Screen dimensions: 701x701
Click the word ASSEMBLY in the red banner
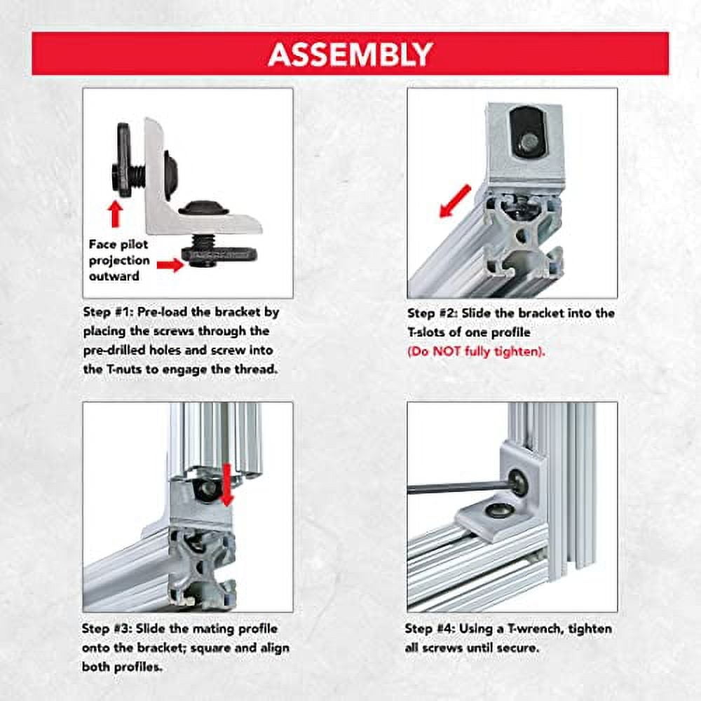coord(350,53)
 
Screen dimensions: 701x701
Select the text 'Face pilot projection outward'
coord(119,260)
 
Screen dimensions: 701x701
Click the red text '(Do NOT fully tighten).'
coord(475,350)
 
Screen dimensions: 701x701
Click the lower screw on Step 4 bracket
coord(498,510)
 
